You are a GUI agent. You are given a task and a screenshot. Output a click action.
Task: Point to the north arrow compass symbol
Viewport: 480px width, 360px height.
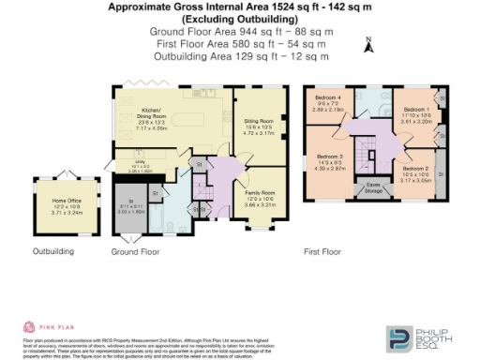[369, 44]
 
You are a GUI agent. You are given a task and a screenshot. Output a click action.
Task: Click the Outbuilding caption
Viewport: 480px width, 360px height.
[53, 252]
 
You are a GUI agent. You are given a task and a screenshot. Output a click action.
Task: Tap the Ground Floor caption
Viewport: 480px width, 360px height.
[135, 252]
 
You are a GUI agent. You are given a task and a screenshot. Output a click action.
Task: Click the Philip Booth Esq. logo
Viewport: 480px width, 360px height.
[422, 337]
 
